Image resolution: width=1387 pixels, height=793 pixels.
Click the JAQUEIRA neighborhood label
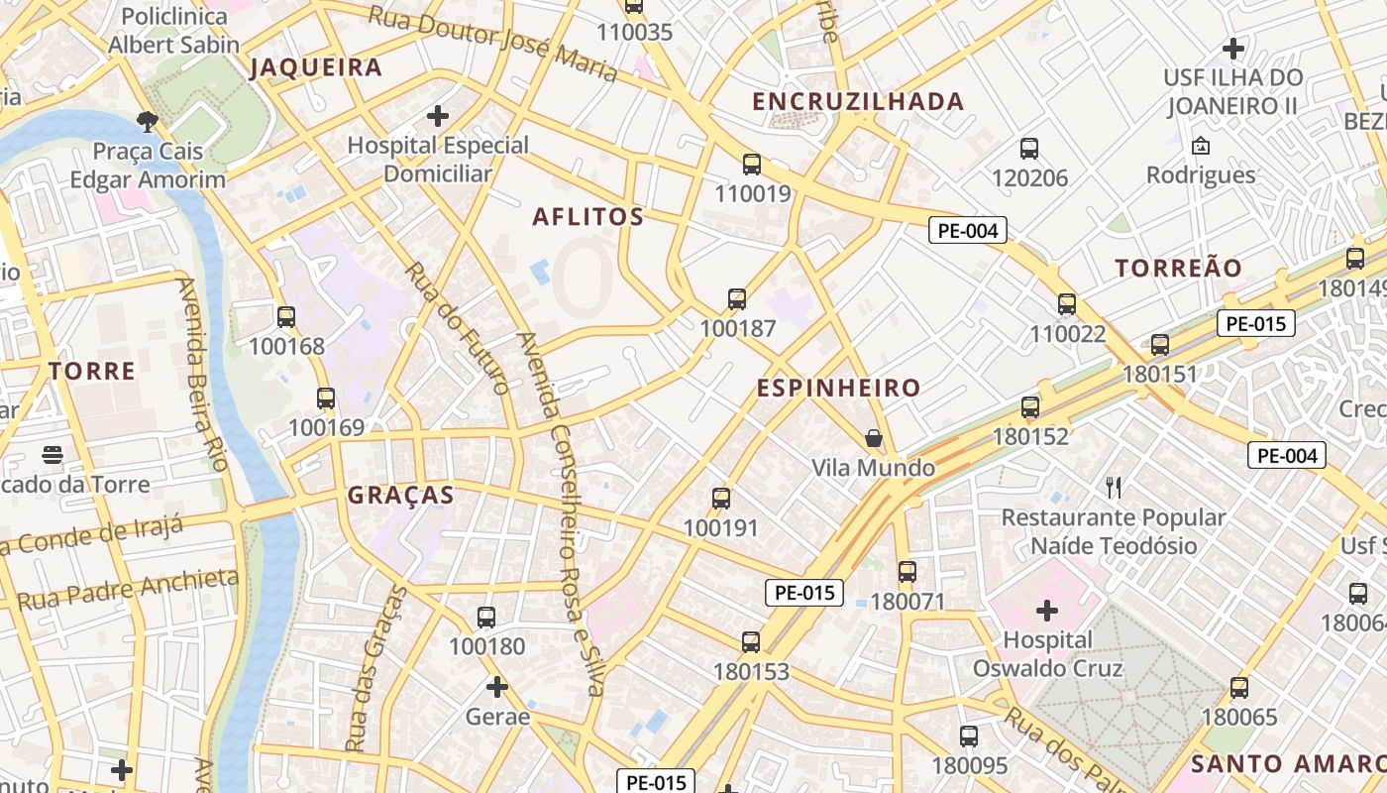[315, 67]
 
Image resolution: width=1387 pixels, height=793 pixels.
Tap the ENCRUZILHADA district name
[858, 101]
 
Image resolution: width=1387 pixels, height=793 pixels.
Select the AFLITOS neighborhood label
[588, 217]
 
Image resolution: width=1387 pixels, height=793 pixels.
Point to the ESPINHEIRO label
[839, 389]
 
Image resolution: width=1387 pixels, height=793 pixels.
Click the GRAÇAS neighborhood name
[400, 496]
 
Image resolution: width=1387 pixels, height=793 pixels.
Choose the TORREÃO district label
[1178, 269]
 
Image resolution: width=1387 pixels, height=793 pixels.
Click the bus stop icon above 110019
[752, 165]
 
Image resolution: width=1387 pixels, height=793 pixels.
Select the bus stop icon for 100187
[737, 299]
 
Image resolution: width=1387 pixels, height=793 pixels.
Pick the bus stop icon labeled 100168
[286, 317]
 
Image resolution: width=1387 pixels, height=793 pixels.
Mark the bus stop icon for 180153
[751, 642]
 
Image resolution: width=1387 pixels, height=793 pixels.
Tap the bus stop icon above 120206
[1029, 149]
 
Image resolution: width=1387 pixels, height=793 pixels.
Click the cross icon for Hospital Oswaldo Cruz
[1047, 610]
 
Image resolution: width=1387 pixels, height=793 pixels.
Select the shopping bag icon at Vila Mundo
[873, 438]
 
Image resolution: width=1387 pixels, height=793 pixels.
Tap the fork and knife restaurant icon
[1114, 487]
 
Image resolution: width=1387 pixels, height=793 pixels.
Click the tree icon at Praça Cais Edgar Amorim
[148, 122]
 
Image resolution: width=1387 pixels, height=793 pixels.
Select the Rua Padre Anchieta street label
[129, 589]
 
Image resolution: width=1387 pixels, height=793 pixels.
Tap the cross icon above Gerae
[497, 686]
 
